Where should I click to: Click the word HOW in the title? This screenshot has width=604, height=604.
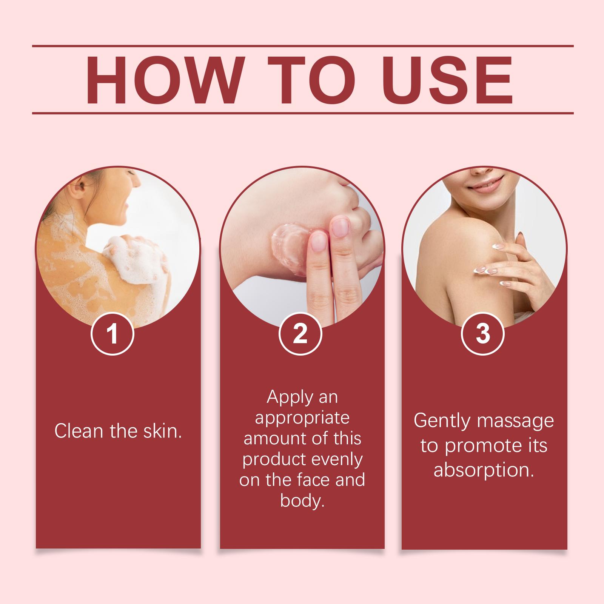click(x=158, y=81)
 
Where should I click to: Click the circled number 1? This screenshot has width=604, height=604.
click(x=112, y=334)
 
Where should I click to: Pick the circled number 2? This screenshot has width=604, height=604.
click(x=300, y=334)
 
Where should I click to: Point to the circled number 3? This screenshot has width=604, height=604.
click(x=483, y=334)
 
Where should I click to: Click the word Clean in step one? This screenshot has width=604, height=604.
click(x=80, y=431)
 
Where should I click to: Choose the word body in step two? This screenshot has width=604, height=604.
click(x=302, y=501)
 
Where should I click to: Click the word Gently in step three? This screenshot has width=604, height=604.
click(x=441, y=421)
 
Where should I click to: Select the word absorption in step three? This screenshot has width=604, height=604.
click(x=484, y=470)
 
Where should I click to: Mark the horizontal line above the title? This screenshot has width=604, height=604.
click(x=303, y=46)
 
